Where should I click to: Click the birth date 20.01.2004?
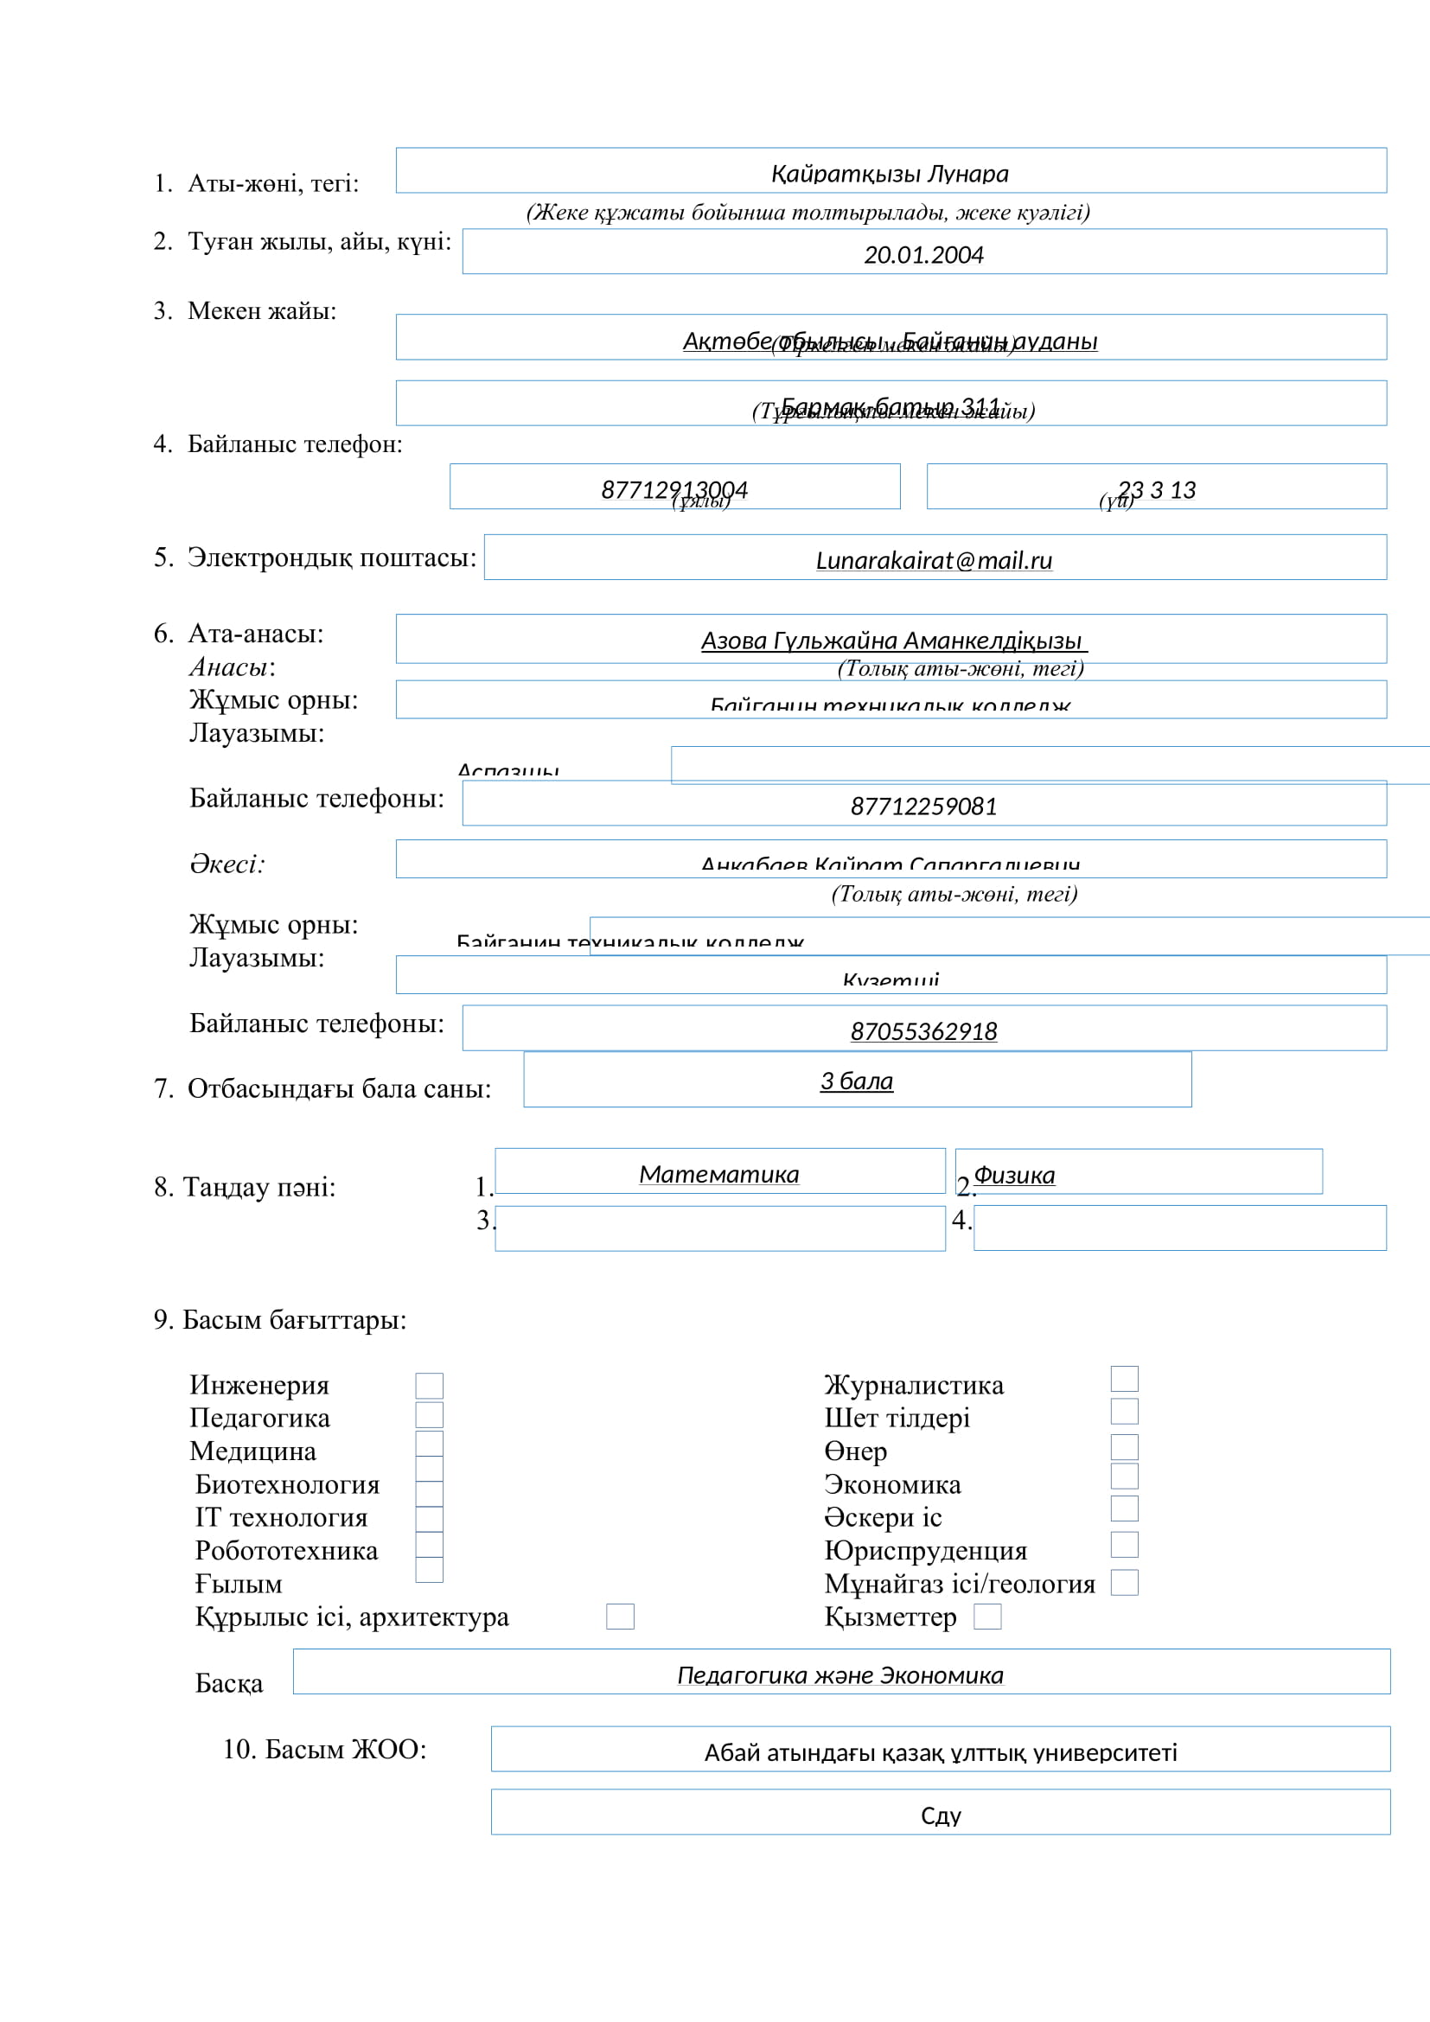coord(922,255)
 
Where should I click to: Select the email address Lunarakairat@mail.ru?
coord(934,561)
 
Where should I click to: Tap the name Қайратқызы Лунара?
coord(890,174)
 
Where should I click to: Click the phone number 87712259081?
coord(922,806)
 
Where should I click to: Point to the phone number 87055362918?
coord(922,1031)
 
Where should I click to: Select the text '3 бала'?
coord(856,1081)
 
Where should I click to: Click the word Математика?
coord(718,1174)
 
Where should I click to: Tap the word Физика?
coord(1013,1175)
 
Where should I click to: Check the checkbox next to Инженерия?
coord(429,1385)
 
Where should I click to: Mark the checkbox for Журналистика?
coord(1124,1378)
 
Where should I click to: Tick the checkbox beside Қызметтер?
coord(987,1616)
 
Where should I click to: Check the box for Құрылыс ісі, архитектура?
coord(620,1616)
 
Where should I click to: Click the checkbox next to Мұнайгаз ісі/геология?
coord(1124,1583)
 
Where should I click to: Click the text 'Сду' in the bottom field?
coord(941,1816)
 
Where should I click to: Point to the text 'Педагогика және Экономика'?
coord(840,1675)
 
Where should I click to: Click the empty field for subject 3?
coord(719,1228)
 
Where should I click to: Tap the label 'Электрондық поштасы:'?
coord(331,558)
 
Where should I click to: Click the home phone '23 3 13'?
coord(1156,489)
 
